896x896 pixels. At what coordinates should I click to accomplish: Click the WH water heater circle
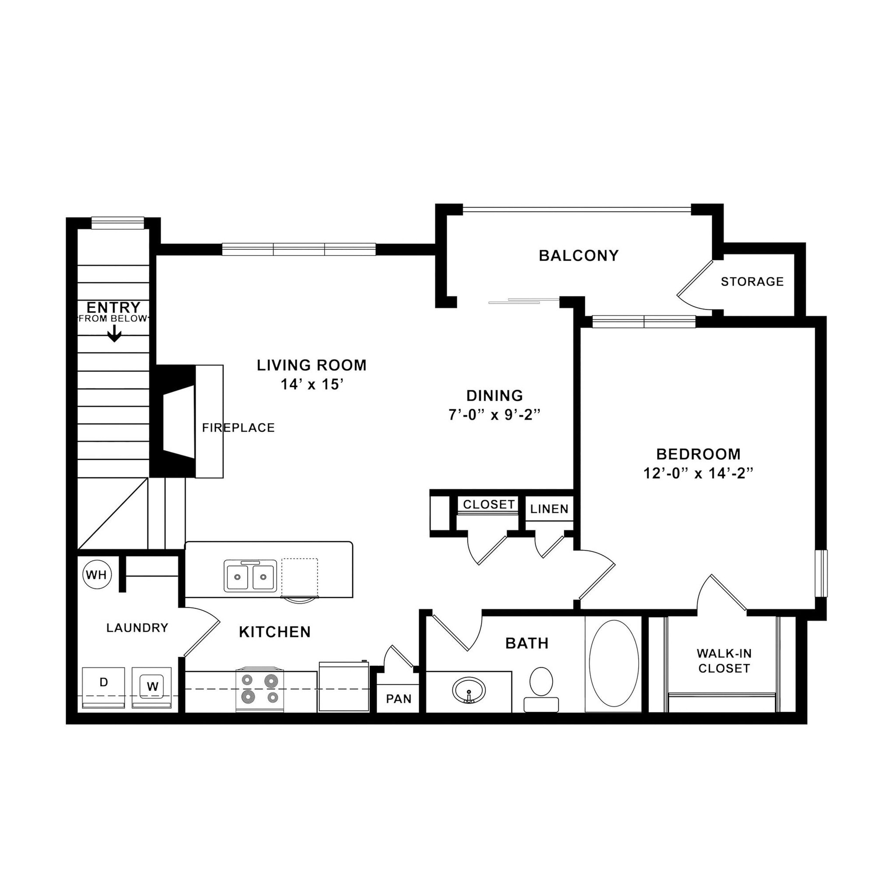(96, 575)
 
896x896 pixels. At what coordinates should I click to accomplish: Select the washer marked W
(152, 686)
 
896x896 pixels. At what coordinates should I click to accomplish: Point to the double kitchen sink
(250, 576)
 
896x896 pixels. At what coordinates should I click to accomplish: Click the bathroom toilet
(541, 687)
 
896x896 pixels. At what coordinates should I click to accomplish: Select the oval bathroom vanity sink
(469, 689)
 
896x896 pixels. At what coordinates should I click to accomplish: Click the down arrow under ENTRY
(114, 334)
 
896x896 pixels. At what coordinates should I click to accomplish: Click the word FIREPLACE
(238, 427)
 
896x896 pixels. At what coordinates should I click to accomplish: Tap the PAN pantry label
(399, 698)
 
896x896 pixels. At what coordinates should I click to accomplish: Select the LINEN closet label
(549, 509)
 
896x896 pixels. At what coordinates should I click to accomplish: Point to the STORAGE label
(752, 281)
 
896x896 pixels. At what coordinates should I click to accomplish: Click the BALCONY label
(579, 255)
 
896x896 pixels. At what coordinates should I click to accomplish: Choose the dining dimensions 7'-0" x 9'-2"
(495, 415)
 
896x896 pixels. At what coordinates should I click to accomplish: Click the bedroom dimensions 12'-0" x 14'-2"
(698, 473)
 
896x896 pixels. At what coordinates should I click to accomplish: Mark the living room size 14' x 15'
(311, 385)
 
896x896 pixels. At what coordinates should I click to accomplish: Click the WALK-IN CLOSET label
(724, 661)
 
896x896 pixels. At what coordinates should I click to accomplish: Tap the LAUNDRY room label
(137, 628)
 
